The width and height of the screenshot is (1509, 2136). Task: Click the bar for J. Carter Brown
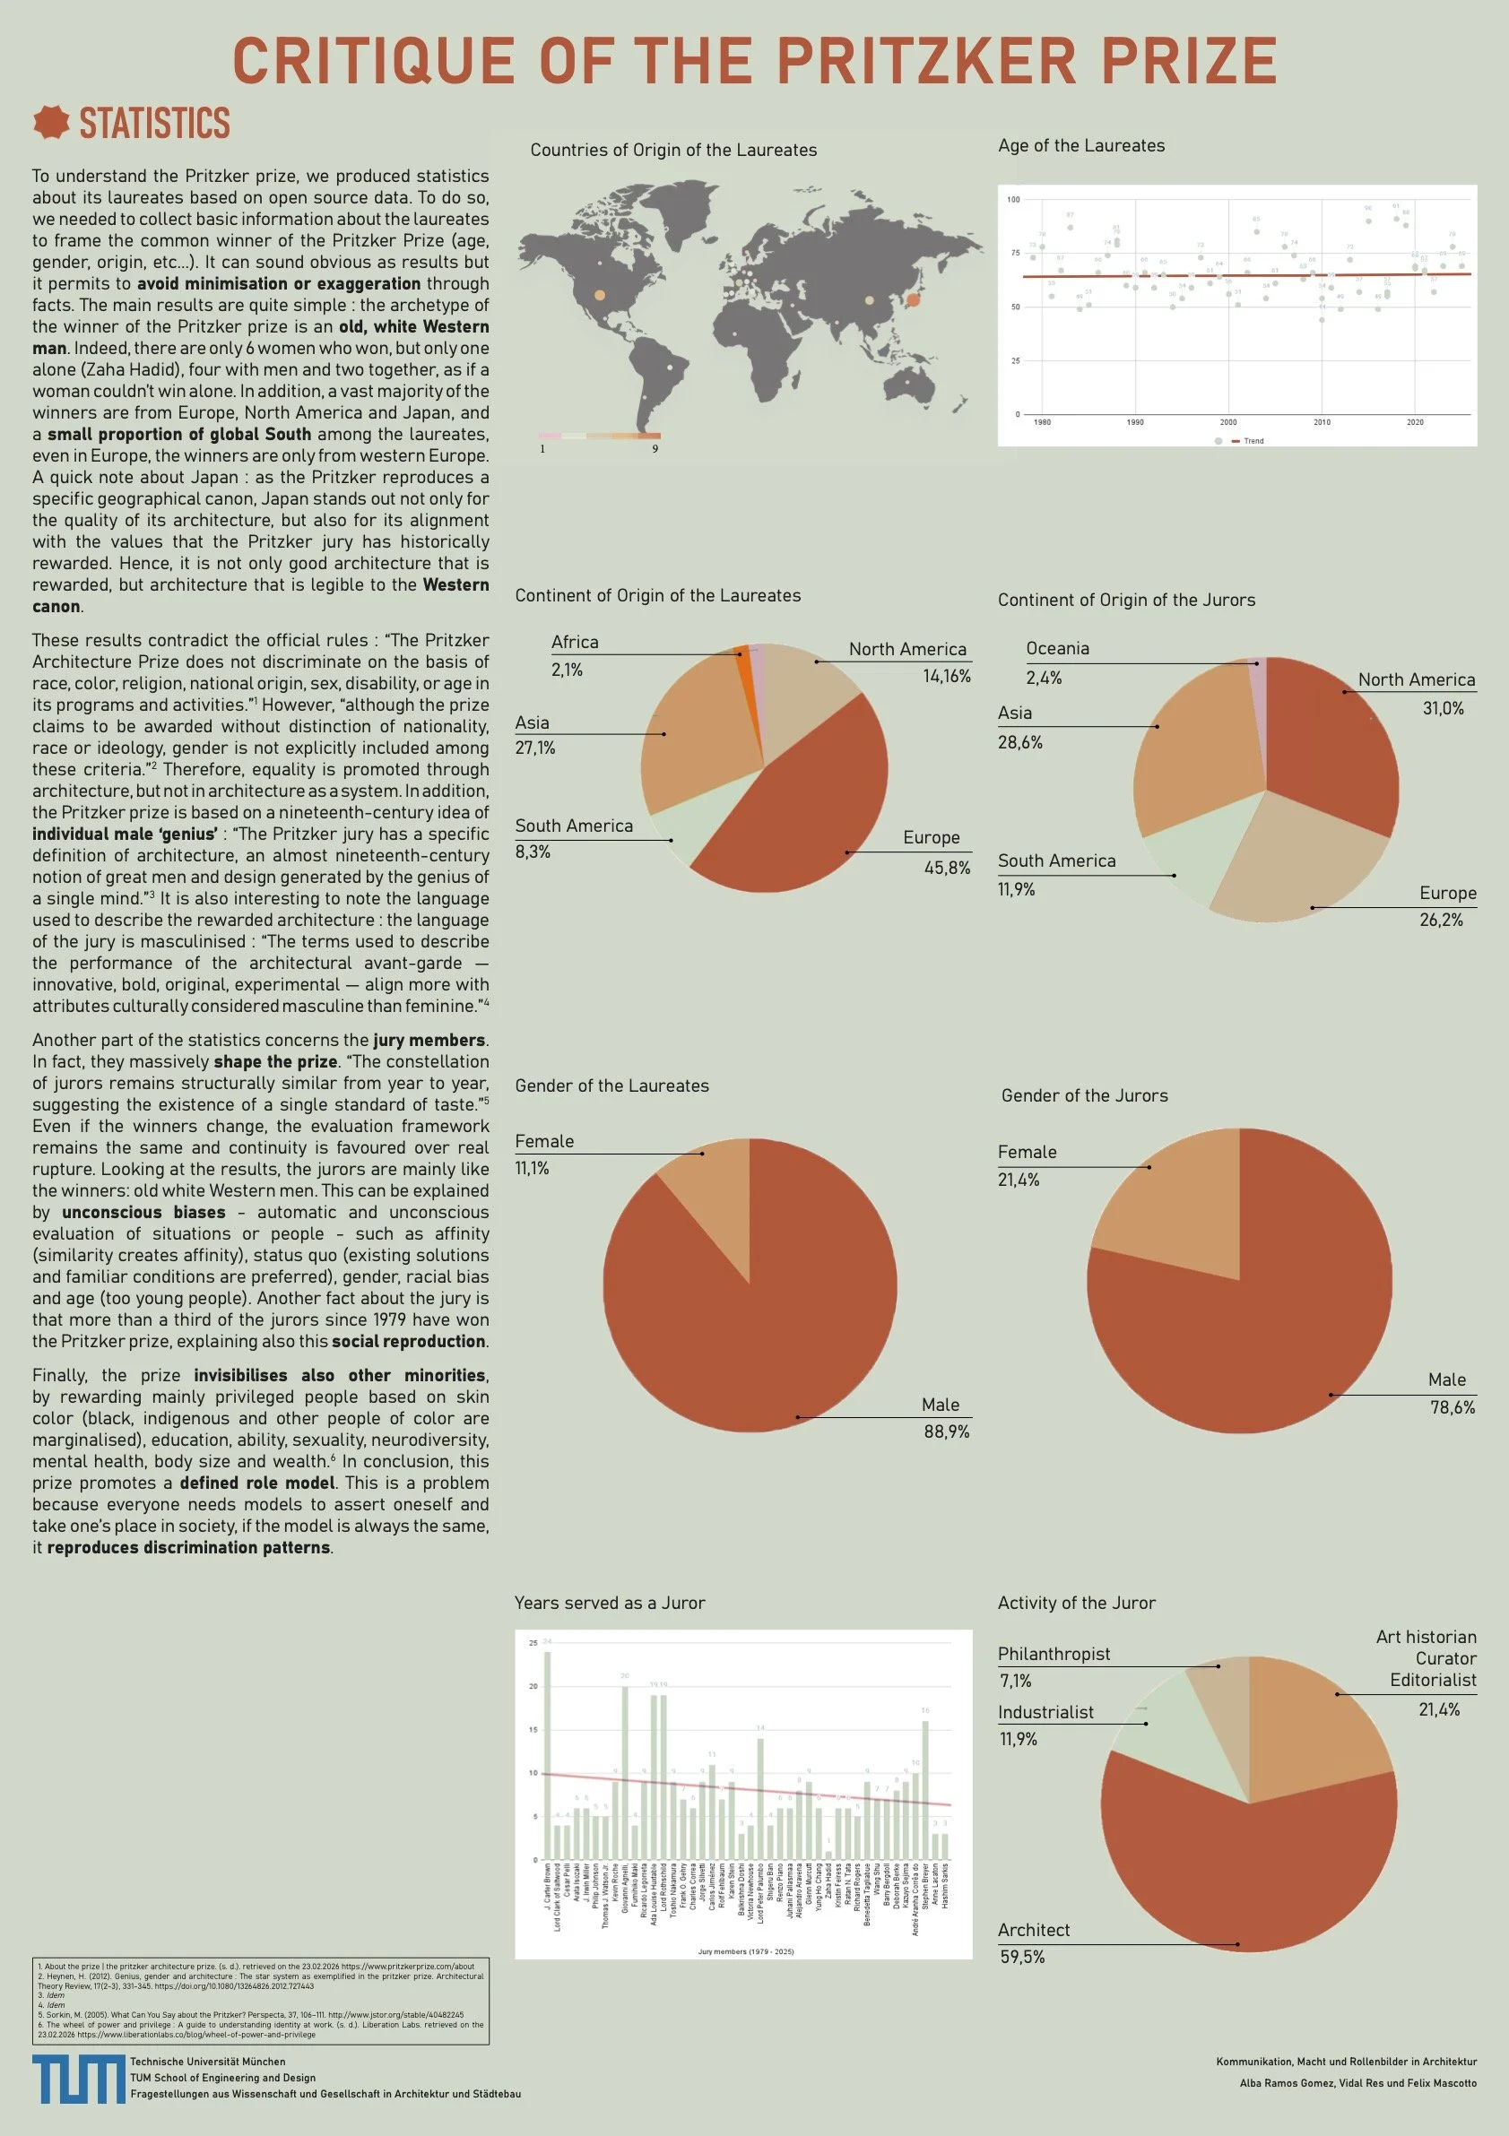point(547,1757)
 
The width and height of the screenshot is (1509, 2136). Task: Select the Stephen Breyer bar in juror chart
point(924,1791)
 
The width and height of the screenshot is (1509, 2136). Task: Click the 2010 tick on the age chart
point(1321,422)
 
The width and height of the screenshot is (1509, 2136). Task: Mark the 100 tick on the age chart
point(1013,199)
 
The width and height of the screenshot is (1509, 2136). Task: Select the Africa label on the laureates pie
point(575,642)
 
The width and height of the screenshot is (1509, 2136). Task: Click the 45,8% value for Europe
point(946,868)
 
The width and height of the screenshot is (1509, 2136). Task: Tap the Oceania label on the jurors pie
point(1057,648)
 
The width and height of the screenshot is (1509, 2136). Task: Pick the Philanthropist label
point(1054,1653)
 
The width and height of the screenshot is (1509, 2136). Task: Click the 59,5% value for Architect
point(1021,1958)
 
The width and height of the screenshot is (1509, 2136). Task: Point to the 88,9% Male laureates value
point(945,1431)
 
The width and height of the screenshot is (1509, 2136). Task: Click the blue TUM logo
point(78,2080)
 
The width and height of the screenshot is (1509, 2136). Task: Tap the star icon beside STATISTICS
point(51,122)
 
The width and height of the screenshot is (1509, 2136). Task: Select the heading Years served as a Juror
point(610,1603)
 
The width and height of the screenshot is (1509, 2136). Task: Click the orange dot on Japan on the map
point(913,298)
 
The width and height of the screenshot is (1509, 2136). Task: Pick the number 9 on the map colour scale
point(655,449)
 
